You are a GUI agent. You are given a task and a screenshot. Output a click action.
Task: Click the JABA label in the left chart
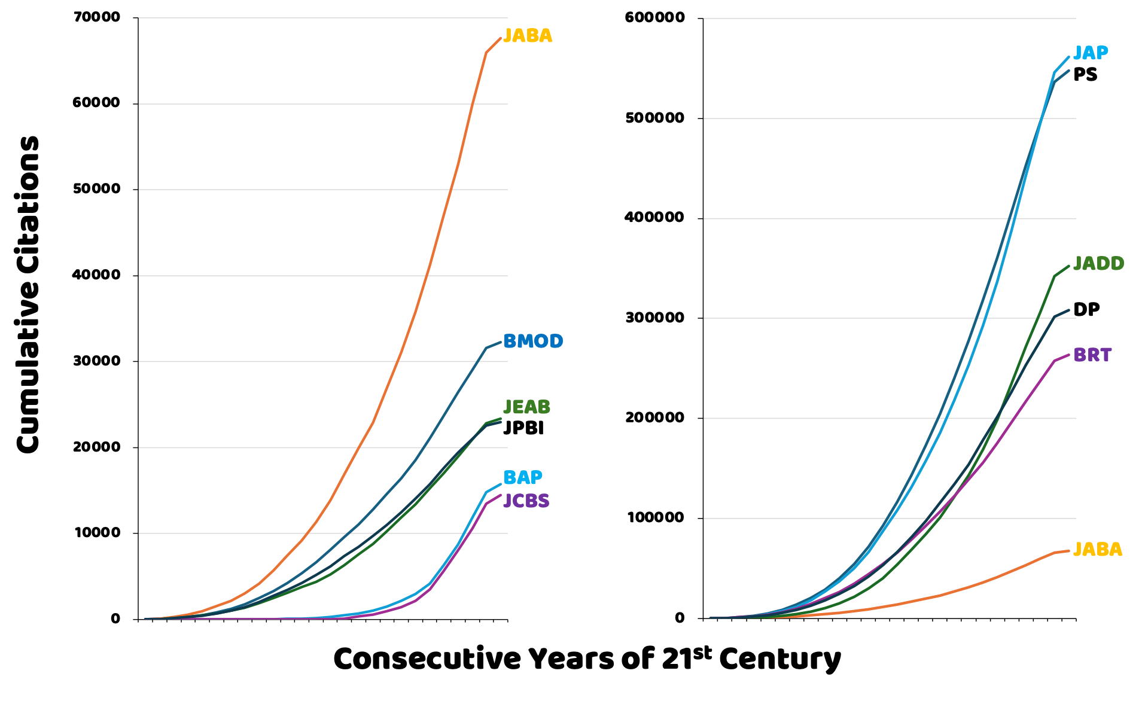tap(528, 36)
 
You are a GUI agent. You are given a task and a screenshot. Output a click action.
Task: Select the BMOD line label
tap(533, 342)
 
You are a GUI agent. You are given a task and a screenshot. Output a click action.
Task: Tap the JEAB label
tap(526, 407)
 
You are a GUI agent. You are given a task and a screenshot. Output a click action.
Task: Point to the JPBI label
tap(523, 428)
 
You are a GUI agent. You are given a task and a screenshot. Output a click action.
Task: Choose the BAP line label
tap(522, 477)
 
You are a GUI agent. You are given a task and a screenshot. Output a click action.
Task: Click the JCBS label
tap(526, 501)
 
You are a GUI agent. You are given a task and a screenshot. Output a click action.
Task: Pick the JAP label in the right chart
tap(1091, 53)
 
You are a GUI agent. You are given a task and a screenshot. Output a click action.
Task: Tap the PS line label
tap(1085, 75)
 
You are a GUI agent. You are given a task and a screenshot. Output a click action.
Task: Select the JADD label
tap(1098, 263)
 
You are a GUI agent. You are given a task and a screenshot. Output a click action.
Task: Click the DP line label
tap(1086, 309)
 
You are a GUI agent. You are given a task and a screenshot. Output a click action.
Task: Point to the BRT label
tap(1092, 355)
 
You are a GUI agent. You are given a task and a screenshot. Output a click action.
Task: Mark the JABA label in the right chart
tap(1098, 549)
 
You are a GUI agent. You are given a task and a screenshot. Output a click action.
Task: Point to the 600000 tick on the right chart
tap(654, 17)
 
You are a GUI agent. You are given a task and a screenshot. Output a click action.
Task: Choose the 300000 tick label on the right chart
tap(654, 318)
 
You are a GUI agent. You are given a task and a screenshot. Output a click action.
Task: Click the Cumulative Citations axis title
tap(28, 294)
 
